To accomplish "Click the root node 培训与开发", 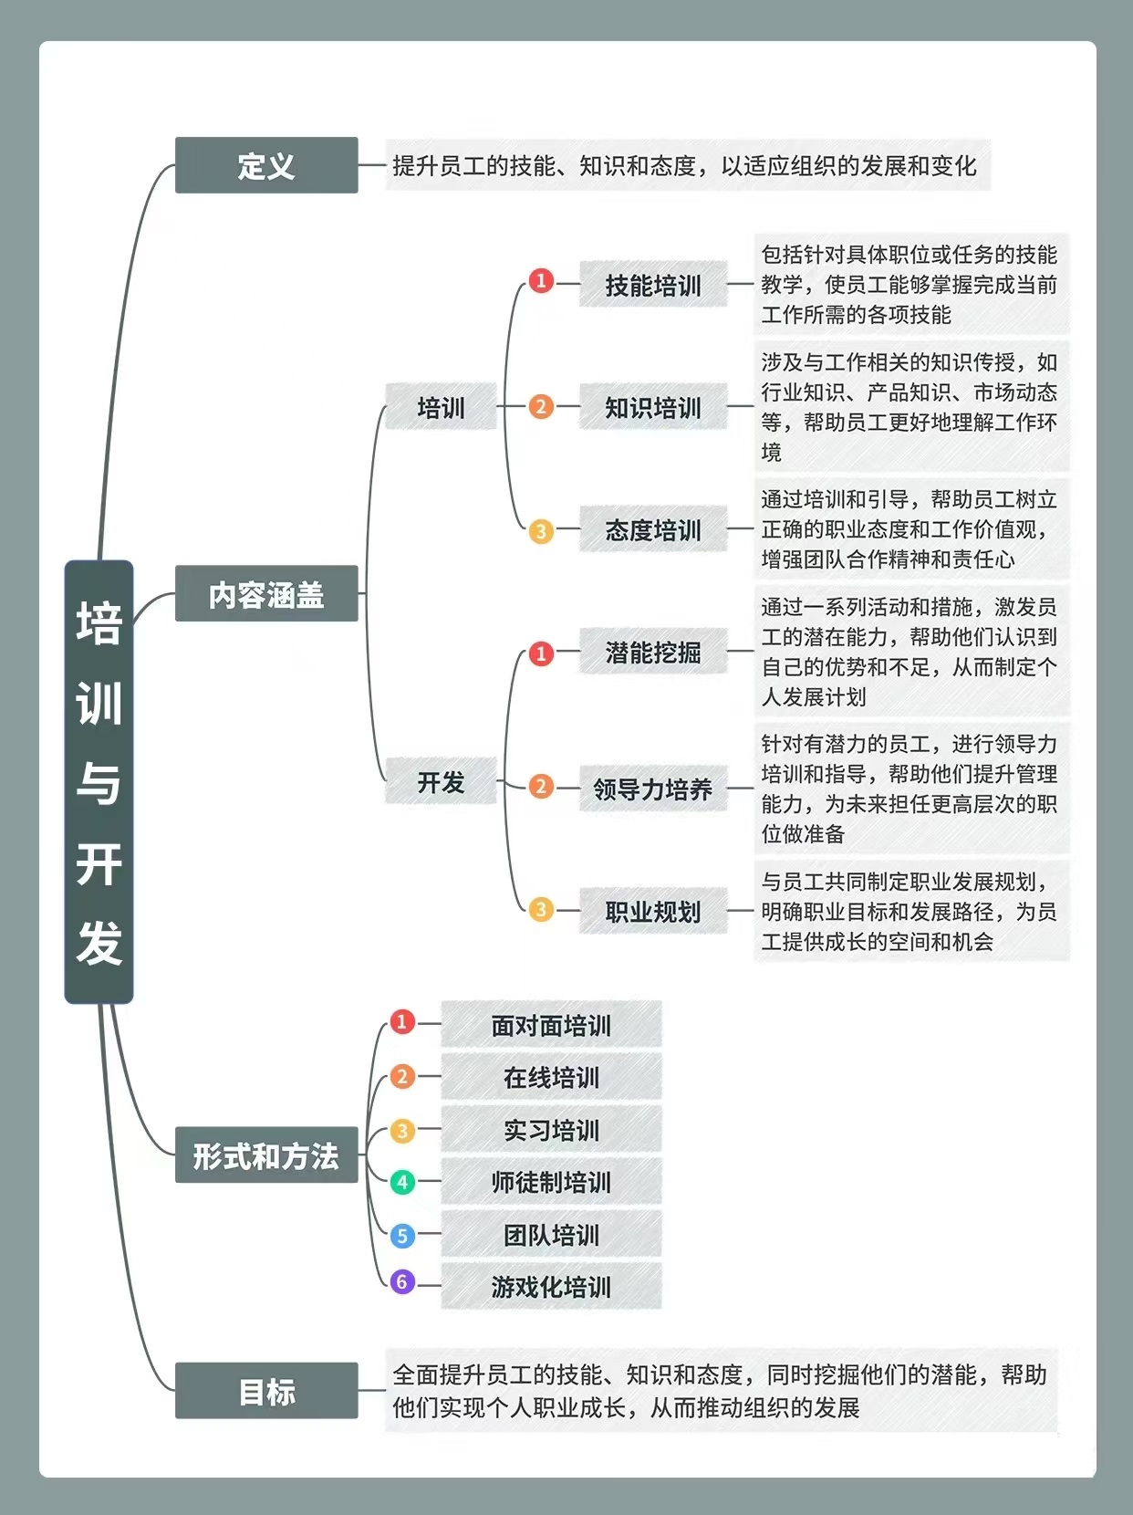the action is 99,781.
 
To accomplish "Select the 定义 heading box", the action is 266,165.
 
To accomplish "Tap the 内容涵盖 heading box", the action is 266,593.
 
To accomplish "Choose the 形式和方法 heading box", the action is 266,1155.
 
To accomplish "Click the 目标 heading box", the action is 266,1390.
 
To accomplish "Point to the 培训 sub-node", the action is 441,406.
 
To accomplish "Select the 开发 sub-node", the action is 441,780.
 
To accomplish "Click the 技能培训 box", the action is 653,284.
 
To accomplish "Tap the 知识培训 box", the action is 653,406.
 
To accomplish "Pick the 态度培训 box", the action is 653,528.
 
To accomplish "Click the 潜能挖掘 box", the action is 653,651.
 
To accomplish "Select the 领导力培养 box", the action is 653,788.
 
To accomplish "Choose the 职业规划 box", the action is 653,911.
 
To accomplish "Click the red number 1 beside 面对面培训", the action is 402,1021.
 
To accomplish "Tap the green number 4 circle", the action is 402,1182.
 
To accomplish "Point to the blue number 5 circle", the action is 402,1235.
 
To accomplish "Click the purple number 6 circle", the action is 402,1281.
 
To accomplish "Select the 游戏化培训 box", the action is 551,1286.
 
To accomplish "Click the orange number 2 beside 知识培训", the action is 541,406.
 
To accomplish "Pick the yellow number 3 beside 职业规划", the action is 541,909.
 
